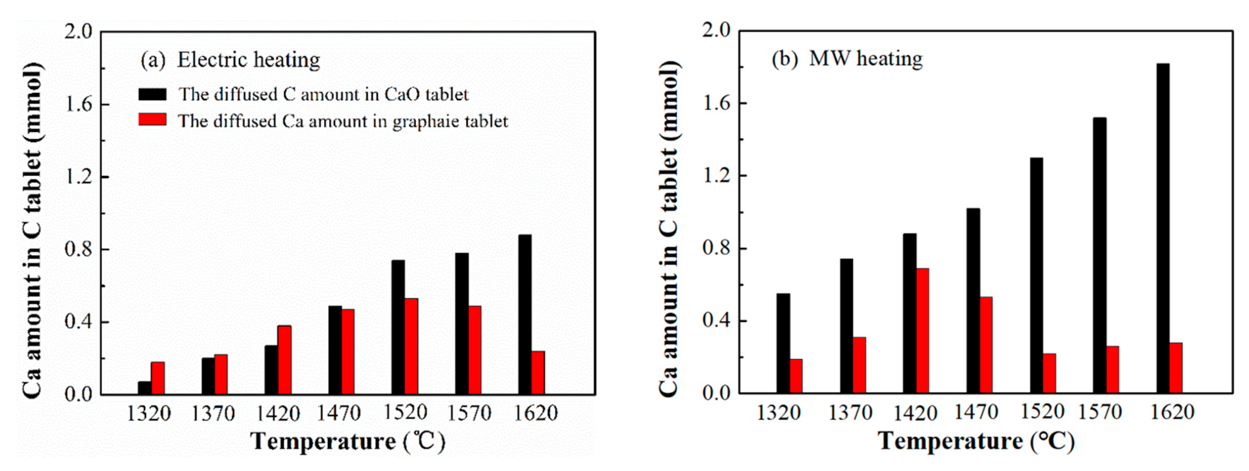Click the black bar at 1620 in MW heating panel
[1163, 228]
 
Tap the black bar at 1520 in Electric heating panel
[398, 328]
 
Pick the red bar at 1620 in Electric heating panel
[538, 372]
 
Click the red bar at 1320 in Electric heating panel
[157, 378]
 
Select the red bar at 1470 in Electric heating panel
[348, 352]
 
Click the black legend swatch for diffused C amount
[152, 94]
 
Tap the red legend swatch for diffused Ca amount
[152, 120]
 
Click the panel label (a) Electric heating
[230, 60]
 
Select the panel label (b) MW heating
[847, 59]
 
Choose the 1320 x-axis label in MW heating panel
[778, 412]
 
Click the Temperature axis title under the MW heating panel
[976, 441]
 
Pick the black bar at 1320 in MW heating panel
[783, 343]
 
